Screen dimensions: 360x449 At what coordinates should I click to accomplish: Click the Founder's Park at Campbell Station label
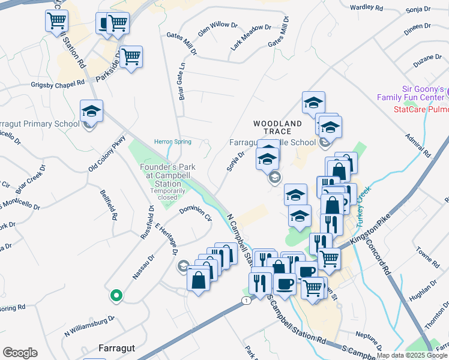(160, 175)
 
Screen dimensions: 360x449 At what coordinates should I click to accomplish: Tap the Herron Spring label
(173, 142)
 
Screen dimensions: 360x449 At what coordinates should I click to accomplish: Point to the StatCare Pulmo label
(421, 110)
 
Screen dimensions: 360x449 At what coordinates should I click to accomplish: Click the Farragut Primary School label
(40, 124)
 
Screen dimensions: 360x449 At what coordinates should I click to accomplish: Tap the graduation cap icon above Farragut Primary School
(91, 111)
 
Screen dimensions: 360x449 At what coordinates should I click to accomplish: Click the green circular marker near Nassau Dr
(116, 295)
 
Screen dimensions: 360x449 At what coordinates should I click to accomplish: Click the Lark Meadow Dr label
(251, 38)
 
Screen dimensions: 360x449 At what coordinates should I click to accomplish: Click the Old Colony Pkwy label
(107, 156)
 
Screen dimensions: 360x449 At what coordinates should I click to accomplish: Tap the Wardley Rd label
(366, 8)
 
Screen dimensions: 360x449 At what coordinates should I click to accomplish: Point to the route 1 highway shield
(246, 300)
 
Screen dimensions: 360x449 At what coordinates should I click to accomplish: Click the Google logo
(20, 353)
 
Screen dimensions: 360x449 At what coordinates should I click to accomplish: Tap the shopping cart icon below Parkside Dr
(131, 58)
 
